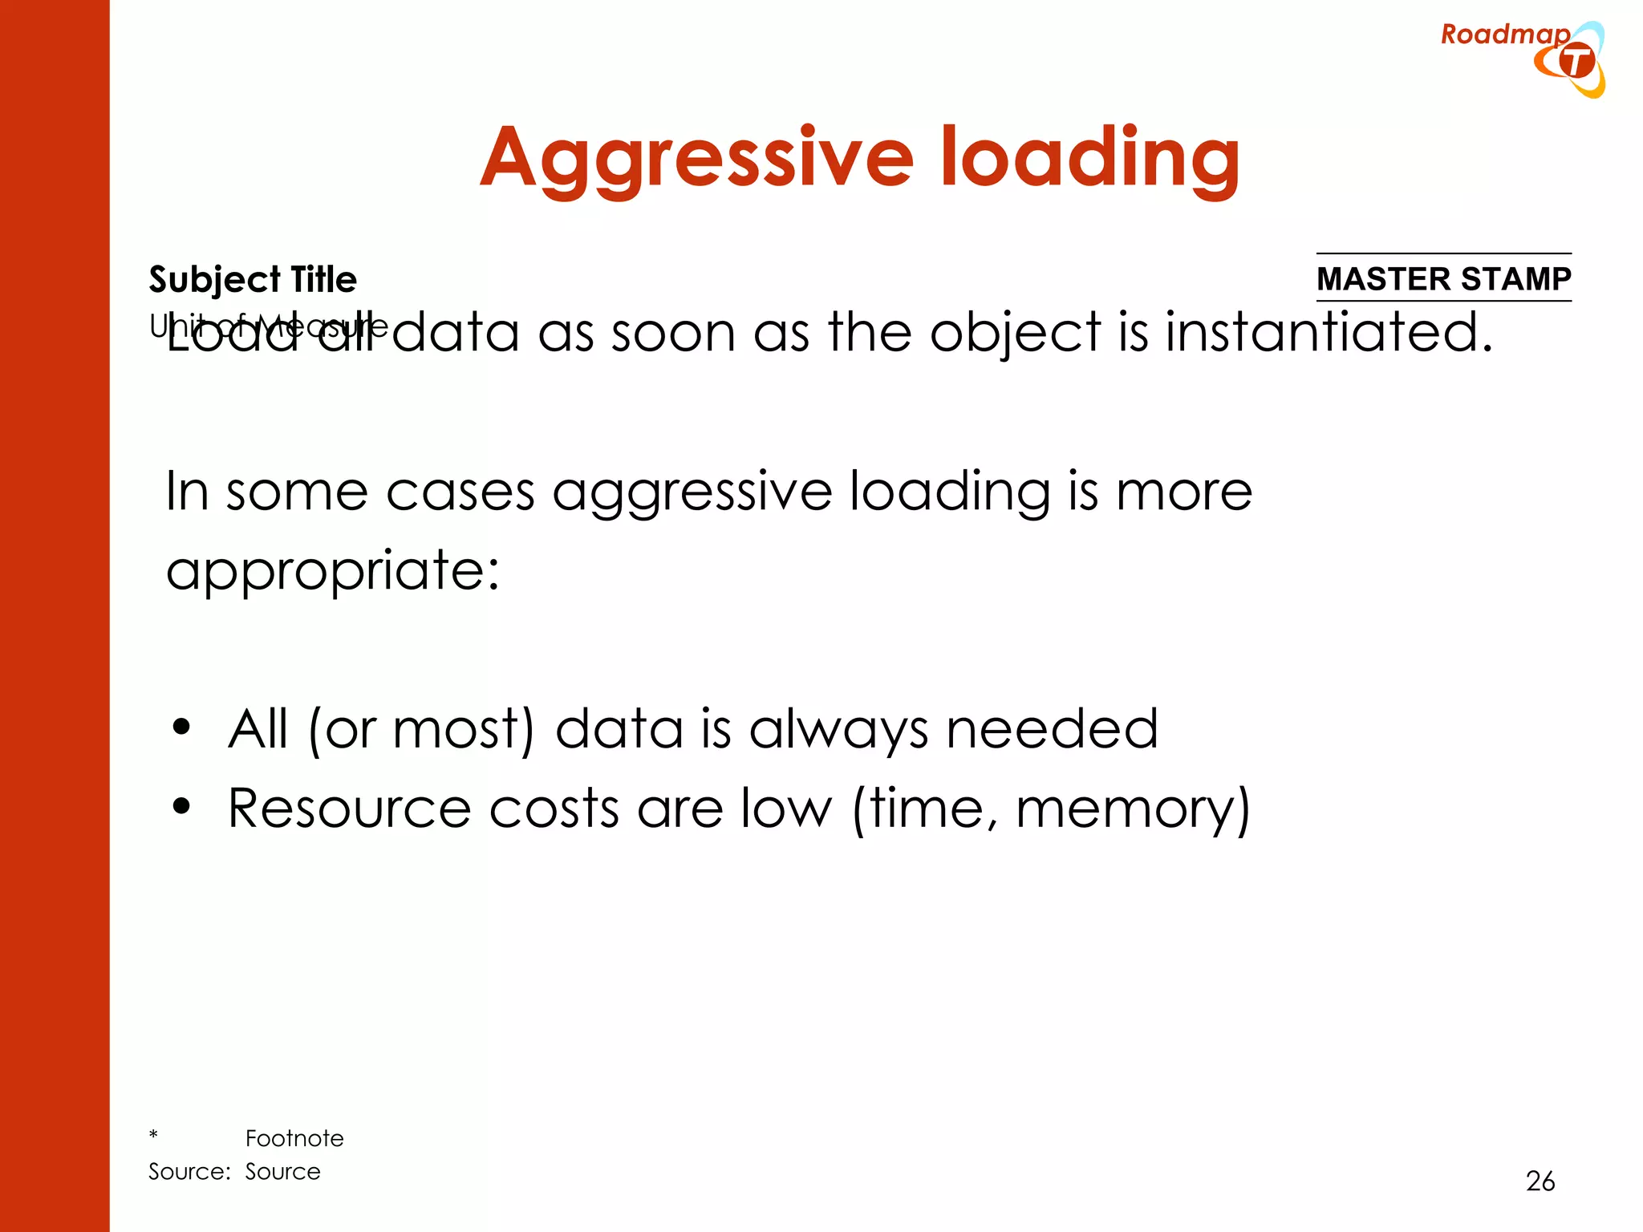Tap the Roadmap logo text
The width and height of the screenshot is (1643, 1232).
point(1504,34)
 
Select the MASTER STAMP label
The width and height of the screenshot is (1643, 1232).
point(1443,278)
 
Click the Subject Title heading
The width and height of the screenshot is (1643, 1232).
point(253,279)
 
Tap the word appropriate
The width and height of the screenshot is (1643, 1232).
point(332,571)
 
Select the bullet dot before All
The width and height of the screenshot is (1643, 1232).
point(182,727)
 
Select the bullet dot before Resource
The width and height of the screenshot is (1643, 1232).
point(182,806)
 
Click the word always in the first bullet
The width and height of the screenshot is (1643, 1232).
point(838,730)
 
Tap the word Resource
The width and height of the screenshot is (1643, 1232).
point(349,808)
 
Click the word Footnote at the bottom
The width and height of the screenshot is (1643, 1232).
point(294,1138)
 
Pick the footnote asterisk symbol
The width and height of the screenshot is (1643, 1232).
point(153,1135)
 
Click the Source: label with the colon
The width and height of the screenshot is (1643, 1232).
point(189,1172)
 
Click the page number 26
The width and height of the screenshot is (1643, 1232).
point(1540,1181)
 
